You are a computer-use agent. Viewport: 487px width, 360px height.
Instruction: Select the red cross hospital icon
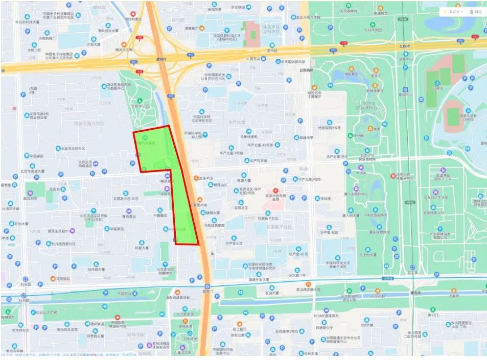[276, 190]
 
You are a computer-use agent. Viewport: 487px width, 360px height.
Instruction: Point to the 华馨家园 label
[117, 229]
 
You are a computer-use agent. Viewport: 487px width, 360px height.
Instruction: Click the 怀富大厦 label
[142, 248]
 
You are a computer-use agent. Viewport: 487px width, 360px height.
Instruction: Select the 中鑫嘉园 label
[160, 215]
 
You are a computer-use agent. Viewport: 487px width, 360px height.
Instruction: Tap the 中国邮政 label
[37, 156]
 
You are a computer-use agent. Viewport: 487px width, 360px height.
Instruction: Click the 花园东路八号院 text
[89, 124]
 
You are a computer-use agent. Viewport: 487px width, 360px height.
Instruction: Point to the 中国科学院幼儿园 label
[193, 135]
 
